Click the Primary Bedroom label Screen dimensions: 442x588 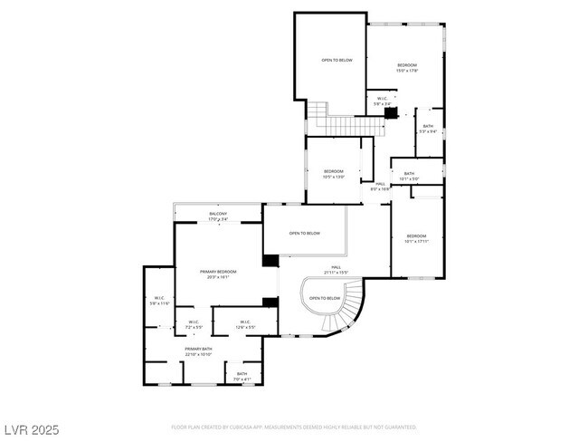[218, 274]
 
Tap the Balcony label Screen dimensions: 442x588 [218, 216]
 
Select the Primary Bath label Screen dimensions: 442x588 [198, 351]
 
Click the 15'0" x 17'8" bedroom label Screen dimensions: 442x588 [407, 68]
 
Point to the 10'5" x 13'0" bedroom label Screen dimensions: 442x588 [334, 174]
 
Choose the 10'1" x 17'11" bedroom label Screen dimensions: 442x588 [416, 239]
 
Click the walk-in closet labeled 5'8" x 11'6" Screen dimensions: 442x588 [158, 301]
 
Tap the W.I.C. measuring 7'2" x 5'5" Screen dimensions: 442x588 [194, 323]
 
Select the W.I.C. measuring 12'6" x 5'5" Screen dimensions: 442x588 [244, 323]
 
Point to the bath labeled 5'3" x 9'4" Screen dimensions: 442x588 [428, 129]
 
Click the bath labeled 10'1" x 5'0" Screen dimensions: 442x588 [409, 176]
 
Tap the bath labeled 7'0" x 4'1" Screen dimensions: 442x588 [242, 376]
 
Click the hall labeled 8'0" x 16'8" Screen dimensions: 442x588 [380, 187]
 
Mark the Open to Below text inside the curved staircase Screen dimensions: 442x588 [325, 298]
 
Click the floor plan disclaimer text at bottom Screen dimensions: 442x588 [294, 427]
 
